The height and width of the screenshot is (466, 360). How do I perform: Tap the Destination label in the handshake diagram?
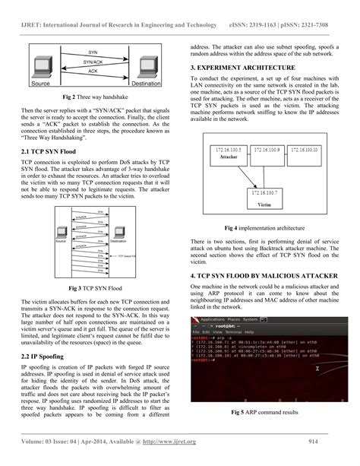pyautogui.click(x=145, y=83)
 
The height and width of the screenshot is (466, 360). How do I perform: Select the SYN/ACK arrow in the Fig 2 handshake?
pyautogui.click(x=92, y=62)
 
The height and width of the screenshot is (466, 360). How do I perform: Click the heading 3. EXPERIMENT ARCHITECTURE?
pyautogui.click(x=242, y=68)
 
